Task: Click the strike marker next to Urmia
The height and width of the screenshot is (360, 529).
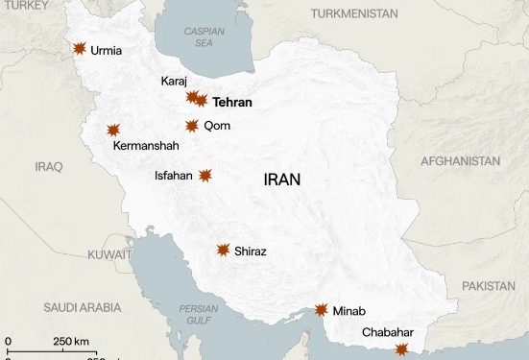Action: pyautogui.click(x=79, y=49)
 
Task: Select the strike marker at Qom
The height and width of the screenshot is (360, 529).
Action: pyautogui.click(x=192, y=126)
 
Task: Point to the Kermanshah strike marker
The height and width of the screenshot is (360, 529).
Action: pyautogui.click(x=113, y=130)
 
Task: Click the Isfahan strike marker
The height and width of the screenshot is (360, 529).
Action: pyautogui.click(x=204, y=176)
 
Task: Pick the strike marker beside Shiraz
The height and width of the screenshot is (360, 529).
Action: pyautogui.click(x=223, y=251)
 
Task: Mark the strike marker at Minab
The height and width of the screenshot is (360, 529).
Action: pyautogui.click(x=322, y=310)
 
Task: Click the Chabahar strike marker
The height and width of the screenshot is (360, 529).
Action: pyautogui.click(x=401, y=349)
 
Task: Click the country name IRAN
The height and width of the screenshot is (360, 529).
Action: pyautogui.click(x=281, y=179)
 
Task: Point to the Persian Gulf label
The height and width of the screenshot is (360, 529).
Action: pyautogui.click(x=197, y=314)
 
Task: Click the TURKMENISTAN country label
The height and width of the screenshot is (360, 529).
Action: pyautogui.click(x=354, y=14)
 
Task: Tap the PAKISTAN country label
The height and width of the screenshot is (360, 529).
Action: pyautogui.click(x=488, y=286)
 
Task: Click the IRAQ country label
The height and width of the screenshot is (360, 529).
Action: pyautogui.click(x=48, y=166)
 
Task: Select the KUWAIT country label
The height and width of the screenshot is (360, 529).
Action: pyautogui.click(x=108, y=255)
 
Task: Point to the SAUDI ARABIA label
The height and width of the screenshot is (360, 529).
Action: pyautogui.click(x=83, y=307)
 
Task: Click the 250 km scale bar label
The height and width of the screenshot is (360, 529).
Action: pyautogui.click(x=70, y=341)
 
